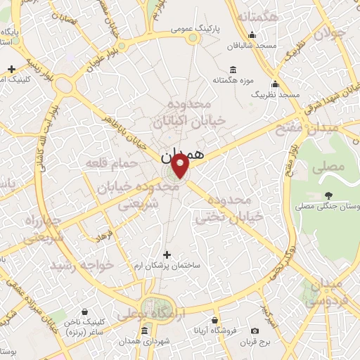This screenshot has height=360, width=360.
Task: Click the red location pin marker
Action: (x=181, y=166)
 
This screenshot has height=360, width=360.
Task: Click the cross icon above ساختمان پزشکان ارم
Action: (x=167, y=255)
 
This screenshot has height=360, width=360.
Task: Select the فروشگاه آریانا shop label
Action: (x=220, y=330)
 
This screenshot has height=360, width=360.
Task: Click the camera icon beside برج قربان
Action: (x=254, y=330)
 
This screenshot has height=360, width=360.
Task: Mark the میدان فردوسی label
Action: (x=325, y=293)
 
